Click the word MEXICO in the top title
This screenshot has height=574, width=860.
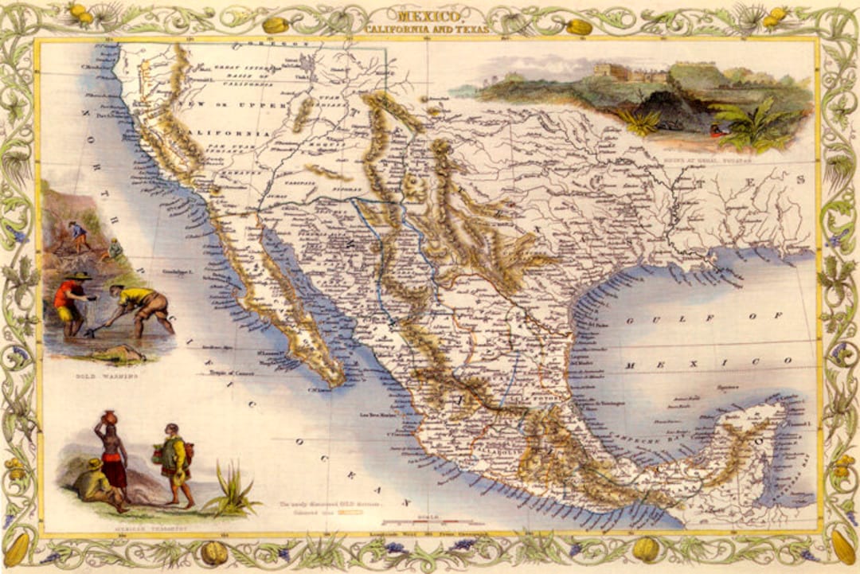point(429,15)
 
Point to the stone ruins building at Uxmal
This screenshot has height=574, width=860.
point(629,73)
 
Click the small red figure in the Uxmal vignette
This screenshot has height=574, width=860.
point(720,131)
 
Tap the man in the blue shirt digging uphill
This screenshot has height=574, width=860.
point(77,236)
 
